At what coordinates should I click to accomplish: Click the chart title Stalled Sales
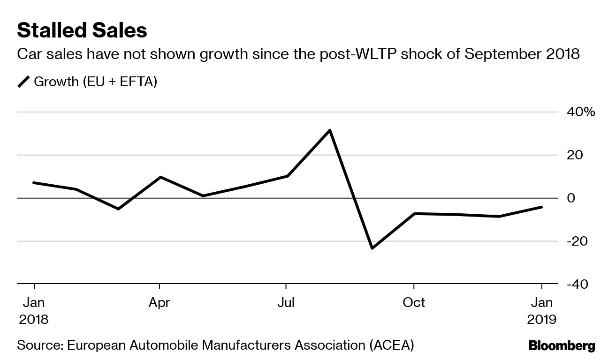point(82,30)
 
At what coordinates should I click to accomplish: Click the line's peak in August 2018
point(330,130)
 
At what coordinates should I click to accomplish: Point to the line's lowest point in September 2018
point(372,248)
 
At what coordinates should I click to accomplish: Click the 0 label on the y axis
point(570,198)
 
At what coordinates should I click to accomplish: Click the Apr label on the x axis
point(160,303)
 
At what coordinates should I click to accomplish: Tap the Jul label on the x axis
point(286,303)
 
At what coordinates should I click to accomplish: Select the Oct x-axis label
point(413,303)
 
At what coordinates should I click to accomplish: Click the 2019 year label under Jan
point(541,320)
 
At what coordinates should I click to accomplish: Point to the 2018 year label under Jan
point(34,320)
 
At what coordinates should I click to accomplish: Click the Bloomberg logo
point(562,346)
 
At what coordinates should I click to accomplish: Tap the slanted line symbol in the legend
point(23,82)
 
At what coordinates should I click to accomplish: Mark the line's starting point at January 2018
point(34,182)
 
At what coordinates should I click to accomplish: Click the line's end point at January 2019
point(541,207)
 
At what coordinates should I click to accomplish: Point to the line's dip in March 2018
point(118,209)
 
